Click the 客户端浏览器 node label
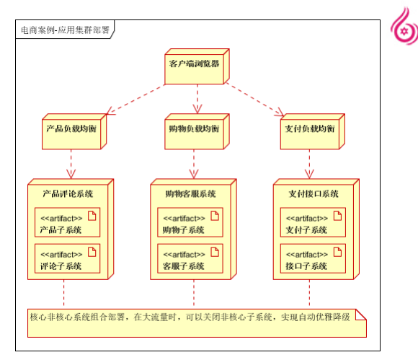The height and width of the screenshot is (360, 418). pyautogui.click(x=194, y=63)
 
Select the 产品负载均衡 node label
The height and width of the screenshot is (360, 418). pyautogui.click(x=71, y=128)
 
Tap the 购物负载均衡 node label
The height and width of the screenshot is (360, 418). pyautogui.click(x=194, y=128)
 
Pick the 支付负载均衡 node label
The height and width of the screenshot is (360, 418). pyautogui.click(x=310, y=128)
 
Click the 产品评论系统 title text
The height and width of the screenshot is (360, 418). pyautogui.click(x=68, y=193)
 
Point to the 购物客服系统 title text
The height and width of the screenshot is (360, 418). pyautogui.click(x=190, y=193)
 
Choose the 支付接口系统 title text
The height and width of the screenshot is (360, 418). pyautogui.click(x=313, y=193)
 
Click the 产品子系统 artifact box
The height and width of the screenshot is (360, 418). pyautogui.click(x=68, y=222)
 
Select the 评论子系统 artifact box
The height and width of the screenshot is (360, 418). pyautogui.click(x=68, y=258)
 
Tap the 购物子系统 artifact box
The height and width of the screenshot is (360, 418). pyautogui.click(x=190, y=222)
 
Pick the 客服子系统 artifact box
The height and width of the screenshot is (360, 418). pyautogui.click(x=190, y=258)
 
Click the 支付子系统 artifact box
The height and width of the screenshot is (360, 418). pyautogui.click(x=313, y=222)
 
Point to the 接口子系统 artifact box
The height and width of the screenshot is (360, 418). pyautogui.click(x=313, y=258)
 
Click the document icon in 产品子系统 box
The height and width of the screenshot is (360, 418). pyautogui.click(x=92, y=216)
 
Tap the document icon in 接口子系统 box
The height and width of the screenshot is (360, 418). pyautogui.click(x=337, y=252)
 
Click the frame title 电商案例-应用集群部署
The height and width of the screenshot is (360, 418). pyautogui.click(x=65, y=30)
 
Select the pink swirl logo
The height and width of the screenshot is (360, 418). pyautogui.click(x=404, y=27)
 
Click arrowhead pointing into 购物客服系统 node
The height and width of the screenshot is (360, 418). pyautogui.click(x=194, y=175)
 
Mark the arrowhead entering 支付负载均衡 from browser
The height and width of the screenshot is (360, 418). pyautogui.click(x=280, y=113)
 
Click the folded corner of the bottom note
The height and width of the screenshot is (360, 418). pyautogui.click(x=361, y=315)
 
